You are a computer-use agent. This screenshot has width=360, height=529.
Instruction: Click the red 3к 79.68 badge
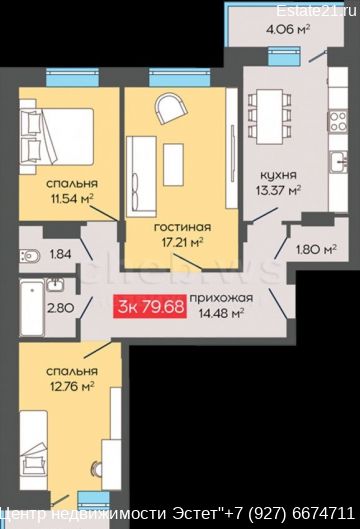point(150,306)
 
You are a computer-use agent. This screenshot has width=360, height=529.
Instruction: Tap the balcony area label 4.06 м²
point(288,29)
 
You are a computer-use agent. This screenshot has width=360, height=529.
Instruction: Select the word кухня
point(278,175)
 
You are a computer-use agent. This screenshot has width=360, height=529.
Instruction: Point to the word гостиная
point(183,227)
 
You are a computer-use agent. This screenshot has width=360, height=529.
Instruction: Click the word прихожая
point(221,298)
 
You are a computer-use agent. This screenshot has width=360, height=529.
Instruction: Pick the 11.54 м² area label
point(72,199)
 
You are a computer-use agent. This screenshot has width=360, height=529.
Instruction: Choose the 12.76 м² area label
point(72,386)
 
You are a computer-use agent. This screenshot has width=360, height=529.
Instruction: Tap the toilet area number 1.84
point(61,254)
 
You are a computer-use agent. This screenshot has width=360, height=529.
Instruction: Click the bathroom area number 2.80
point(60,308)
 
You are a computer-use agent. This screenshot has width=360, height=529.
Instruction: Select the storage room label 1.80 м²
point(316,250)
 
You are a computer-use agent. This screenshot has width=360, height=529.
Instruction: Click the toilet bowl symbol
point(29,255)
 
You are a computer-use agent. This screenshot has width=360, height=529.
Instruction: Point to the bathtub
point(32,307)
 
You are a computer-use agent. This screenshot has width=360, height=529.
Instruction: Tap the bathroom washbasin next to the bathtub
point(55,285)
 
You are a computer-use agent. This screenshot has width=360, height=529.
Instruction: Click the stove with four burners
point(338,121)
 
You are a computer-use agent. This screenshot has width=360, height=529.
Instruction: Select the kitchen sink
point(339,163)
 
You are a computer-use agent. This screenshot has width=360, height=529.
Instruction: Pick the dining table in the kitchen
point(270,117)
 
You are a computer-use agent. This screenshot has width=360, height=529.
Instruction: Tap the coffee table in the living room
point(173,164)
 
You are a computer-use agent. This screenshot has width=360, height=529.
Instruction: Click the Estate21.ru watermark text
point(316,11)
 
